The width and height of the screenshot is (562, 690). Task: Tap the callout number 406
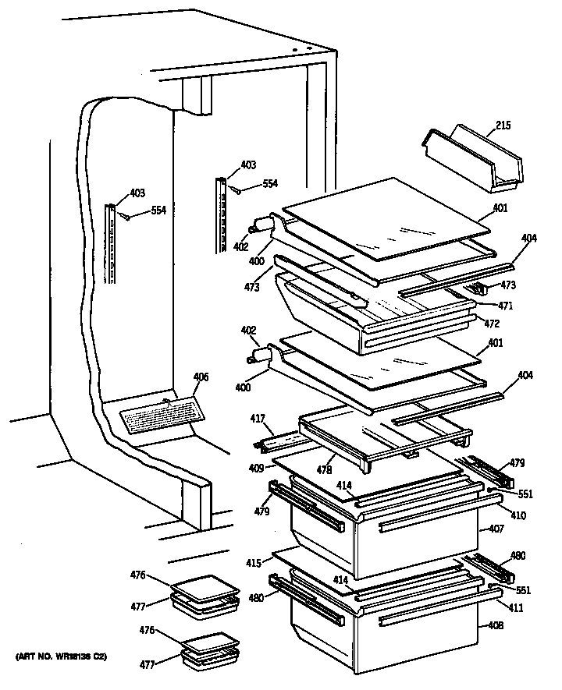pos(201,377)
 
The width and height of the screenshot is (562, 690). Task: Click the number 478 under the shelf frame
pos(322,472)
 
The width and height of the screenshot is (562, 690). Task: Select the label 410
pos(518,515)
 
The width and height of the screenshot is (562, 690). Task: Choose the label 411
pos(515,607)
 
